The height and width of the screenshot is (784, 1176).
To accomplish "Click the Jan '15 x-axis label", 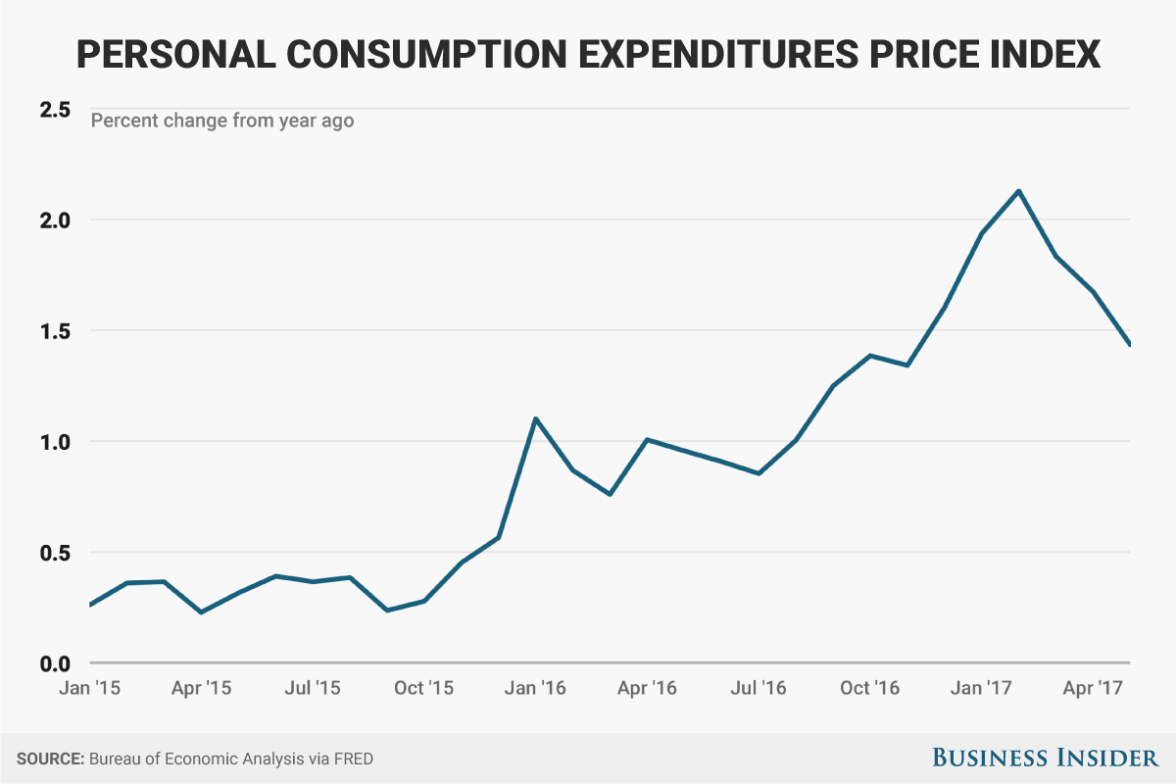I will pyautogui.click(x=90, y=688).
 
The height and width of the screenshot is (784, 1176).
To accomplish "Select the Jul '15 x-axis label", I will pyautogui.click(x=313, y=688).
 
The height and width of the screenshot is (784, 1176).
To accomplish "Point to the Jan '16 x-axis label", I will pyautogui.click(x=535, y=688).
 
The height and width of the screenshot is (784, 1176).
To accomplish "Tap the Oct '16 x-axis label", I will pyautogui.click(x=870, y=688).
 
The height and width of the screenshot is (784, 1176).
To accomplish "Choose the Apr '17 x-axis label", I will pyautogui.click(x=1094, y=688).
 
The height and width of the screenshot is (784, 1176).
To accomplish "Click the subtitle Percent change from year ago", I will pyautogui.click(x=222, y=122).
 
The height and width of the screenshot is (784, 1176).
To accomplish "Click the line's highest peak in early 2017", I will pyautogui.click(x=1019, y=191).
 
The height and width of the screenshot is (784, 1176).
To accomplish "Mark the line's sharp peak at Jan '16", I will pyautogui.click(x=535, y=419).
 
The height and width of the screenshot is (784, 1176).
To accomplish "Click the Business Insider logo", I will pyautogui.click(x=1044, y=758).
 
